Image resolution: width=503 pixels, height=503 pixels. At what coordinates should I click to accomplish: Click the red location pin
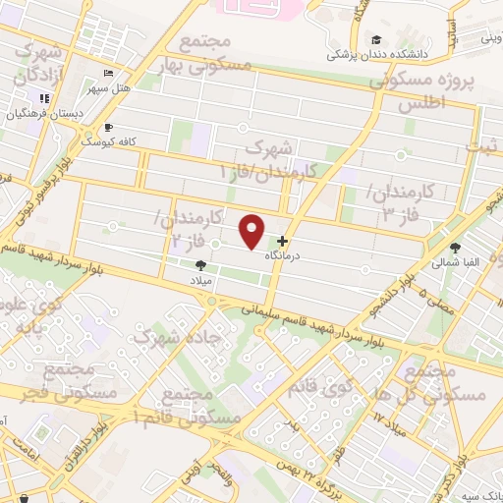click(x=253, y=232)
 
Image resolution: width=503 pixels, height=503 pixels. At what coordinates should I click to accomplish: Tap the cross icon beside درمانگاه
click(x=283, y=241)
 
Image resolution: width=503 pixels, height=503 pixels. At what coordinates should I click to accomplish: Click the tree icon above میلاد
click(x=201, y=265)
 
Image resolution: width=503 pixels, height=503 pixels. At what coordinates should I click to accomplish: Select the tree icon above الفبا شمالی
click(x=455, y=248)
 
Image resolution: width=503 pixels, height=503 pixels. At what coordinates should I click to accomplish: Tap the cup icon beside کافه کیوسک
click(x=108, y=128)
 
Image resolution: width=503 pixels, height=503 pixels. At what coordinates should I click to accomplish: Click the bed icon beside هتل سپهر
click(x=108, y=75)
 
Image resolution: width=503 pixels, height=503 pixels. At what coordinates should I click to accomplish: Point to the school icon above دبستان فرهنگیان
click(x=44, y=99)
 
